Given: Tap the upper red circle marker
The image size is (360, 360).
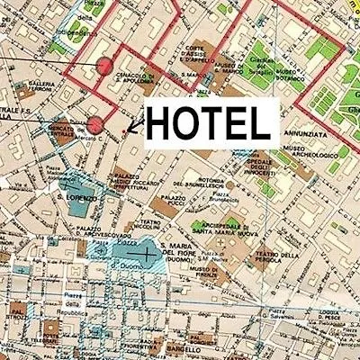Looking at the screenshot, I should (104, 66).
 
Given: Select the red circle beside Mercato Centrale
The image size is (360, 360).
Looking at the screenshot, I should (94, 124).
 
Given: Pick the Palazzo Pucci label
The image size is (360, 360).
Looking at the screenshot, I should (174, 200).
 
